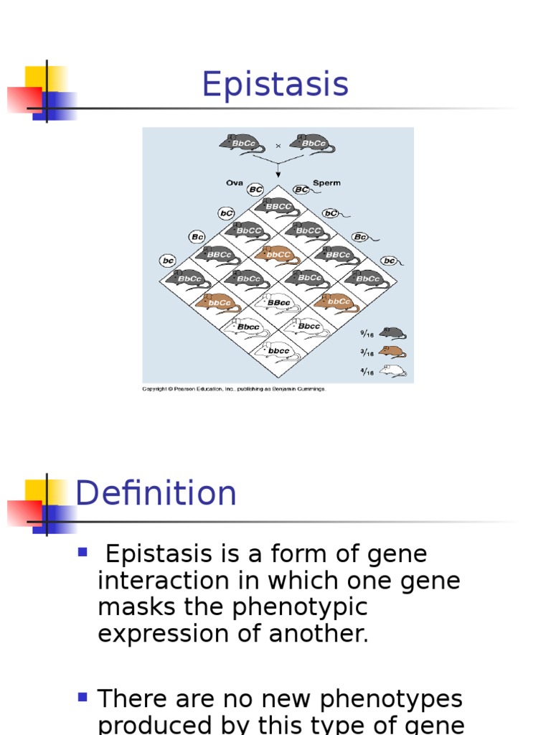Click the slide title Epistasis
(x=275, y=85)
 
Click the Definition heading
(x=156, y=494)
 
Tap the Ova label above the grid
(x=235, y=183)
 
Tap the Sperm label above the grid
(x=326, y=183)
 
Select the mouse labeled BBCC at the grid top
(x=278, y=206)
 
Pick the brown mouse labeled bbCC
(x=277, y=253)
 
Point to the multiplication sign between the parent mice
(x=278, y=145)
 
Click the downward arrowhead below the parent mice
(x=278, y=174)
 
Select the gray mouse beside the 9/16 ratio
(x=392, y=333)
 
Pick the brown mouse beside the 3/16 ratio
(x=392, y=352)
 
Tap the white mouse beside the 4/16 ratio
(x=392, y=371)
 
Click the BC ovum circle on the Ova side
(x=255, y=189)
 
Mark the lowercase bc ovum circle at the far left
(x=169, y=261)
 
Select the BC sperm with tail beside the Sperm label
(x=301, y=189)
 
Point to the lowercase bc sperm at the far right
(x=389, y=261)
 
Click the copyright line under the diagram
(x=234, y=389)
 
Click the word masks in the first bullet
(x=130, y=607)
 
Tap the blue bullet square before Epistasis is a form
(x=83, y=552)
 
